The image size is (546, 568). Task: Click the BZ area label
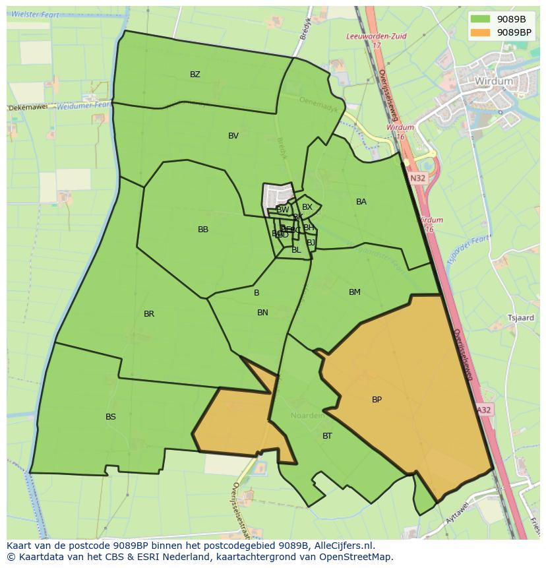[x=195, y=75]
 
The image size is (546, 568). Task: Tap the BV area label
[x=233, y=136]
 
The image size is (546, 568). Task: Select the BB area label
[x=203, y=230]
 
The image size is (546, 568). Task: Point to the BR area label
[x=149, y=314]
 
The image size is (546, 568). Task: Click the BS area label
[x=111, y=417]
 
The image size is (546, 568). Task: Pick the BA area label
[x=361, y=202]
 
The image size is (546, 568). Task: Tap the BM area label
[x=355, y=292]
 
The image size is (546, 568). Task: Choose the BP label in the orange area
[x=377, y=400]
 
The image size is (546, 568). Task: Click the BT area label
[x=327, y=436]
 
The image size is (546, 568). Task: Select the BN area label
[x=262, y=313]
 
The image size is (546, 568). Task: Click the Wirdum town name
[x=493, y=81]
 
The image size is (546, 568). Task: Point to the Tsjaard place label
[x=520, y=318]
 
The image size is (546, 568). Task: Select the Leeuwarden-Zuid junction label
[x=377, y=37]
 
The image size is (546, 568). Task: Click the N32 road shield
[x=417, y=178]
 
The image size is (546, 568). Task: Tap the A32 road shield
[x=484, y=410]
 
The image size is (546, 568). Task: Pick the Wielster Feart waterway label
[x=40, y=13]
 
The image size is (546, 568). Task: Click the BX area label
[x=307, y=207]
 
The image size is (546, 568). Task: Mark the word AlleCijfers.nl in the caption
[x=344, y=546]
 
